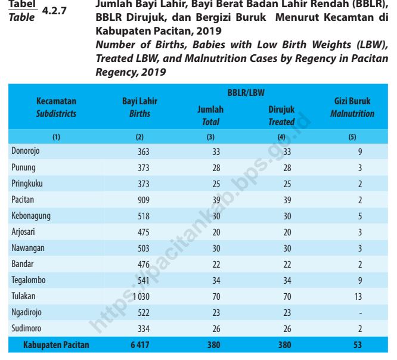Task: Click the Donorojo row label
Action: pyautogui.click(x=26, y=151)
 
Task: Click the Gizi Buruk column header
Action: pyautogui.click(x=353, y=102)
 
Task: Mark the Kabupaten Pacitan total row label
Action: pyautogui.click(x=56, y=345)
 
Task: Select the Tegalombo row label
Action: pyautogui.click(x=29, y=279)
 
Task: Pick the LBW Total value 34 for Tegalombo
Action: pyautogui.click(x=216, y=279)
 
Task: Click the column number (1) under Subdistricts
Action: pyautogui.click(x=56, y=136)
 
